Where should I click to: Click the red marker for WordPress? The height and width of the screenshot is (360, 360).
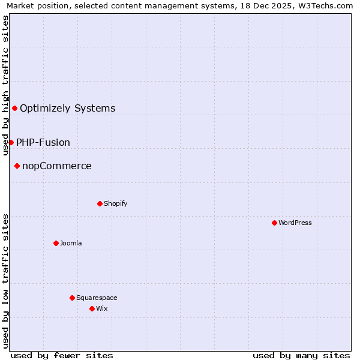click(x=274, y=223)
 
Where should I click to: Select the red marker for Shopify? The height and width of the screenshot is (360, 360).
click(x=100, y=203)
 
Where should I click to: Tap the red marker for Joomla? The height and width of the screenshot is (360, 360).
click(x=56, y=243)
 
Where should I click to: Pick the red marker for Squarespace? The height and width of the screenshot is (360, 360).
click(x=72, y=298)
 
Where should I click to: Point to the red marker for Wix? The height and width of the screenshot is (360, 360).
click(x=92, y=308)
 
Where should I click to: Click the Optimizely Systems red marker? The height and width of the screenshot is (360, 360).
click(x=14, y=108)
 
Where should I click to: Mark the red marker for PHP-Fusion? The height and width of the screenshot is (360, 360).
click(x=11, y=142)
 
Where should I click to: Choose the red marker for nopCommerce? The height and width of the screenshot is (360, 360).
click(x=17, y=166)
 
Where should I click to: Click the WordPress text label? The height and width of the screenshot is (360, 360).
click(x=295, y=223)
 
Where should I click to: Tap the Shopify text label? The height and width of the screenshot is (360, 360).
click(x=116, y=203)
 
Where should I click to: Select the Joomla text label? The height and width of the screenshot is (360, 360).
click(x=71, y=243)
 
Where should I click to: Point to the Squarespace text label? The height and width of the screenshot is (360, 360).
click(x=97, y=298)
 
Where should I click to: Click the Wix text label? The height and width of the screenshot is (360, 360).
click(x=101, y=308)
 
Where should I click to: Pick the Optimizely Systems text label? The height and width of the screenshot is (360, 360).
click(x=68, y=109)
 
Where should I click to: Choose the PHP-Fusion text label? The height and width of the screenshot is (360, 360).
click(x=43, y=143)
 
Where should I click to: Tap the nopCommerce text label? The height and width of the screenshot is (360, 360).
click(x=57, y=166)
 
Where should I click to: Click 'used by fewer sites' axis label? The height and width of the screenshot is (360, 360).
click(x=62, y=355)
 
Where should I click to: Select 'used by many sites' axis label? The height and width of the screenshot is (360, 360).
click(x=301, y=355)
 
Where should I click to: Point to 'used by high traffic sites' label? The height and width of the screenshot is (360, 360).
click(x=5, y=85)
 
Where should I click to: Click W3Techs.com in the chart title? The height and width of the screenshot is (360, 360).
click(x=325, y=5)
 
